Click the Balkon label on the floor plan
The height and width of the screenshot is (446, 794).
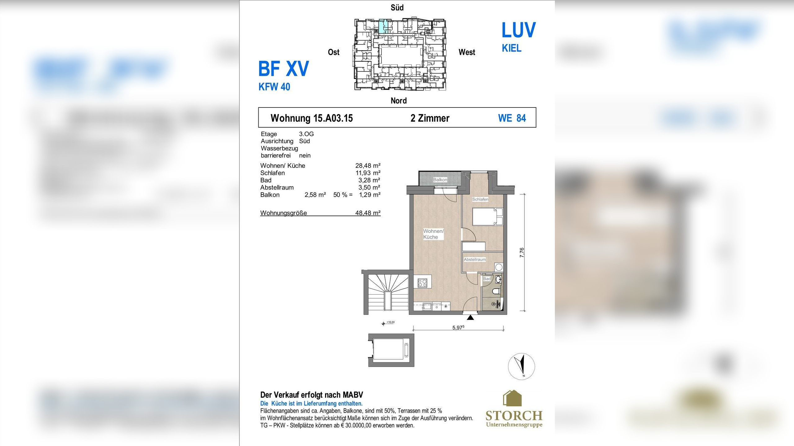(440, 180)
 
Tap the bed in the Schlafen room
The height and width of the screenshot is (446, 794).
(488, 216)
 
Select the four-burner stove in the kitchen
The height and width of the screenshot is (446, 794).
(422, 283)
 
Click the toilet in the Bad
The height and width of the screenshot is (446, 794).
(496, 291)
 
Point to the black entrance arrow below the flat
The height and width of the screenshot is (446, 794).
(471, 317)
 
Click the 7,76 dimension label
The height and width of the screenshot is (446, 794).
(522, 252)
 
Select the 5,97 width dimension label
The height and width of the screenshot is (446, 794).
(458, 327)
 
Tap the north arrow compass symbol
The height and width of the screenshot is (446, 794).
(521, 366)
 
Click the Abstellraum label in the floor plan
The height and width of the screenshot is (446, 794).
(475, 260)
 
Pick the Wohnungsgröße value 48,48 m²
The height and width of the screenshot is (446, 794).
(368, 213)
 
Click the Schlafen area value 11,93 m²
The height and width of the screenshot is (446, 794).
(368, 173)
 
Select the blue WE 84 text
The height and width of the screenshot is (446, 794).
(512, 118)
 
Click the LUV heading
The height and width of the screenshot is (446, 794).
(519, 30)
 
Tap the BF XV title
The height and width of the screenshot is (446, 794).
(283, 68)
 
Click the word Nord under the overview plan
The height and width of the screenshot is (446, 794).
(399, 101)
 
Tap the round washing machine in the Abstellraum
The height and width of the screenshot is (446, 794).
(499, 267)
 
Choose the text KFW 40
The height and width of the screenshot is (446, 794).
(274, 87)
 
